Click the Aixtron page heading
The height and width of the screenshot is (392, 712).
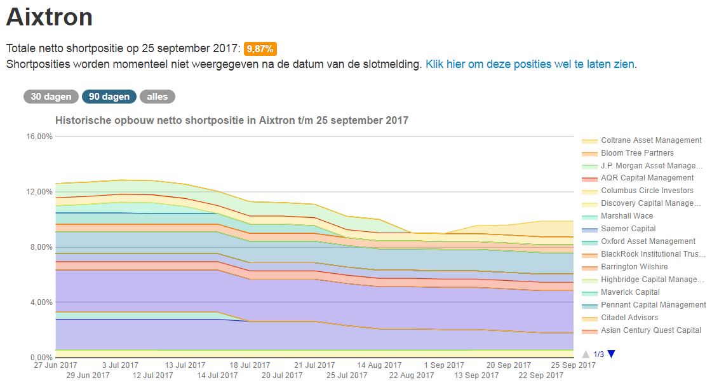tap(50, 17)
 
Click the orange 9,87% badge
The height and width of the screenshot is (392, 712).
tap(260, 49)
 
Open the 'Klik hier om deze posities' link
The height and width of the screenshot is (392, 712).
tap(530, 64)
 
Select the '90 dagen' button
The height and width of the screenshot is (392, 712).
tap(109, 97)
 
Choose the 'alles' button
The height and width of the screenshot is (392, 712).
tap(158, 97)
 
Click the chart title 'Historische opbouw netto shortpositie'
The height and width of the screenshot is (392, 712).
tap(232, 120)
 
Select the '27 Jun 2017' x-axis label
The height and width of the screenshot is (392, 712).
tap(56, 365)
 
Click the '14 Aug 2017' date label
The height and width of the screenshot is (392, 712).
tap(379, 365)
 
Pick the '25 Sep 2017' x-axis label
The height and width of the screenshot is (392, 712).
tap(574, 365)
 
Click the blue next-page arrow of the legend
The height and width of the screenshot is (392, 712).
tap(611, 354)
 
